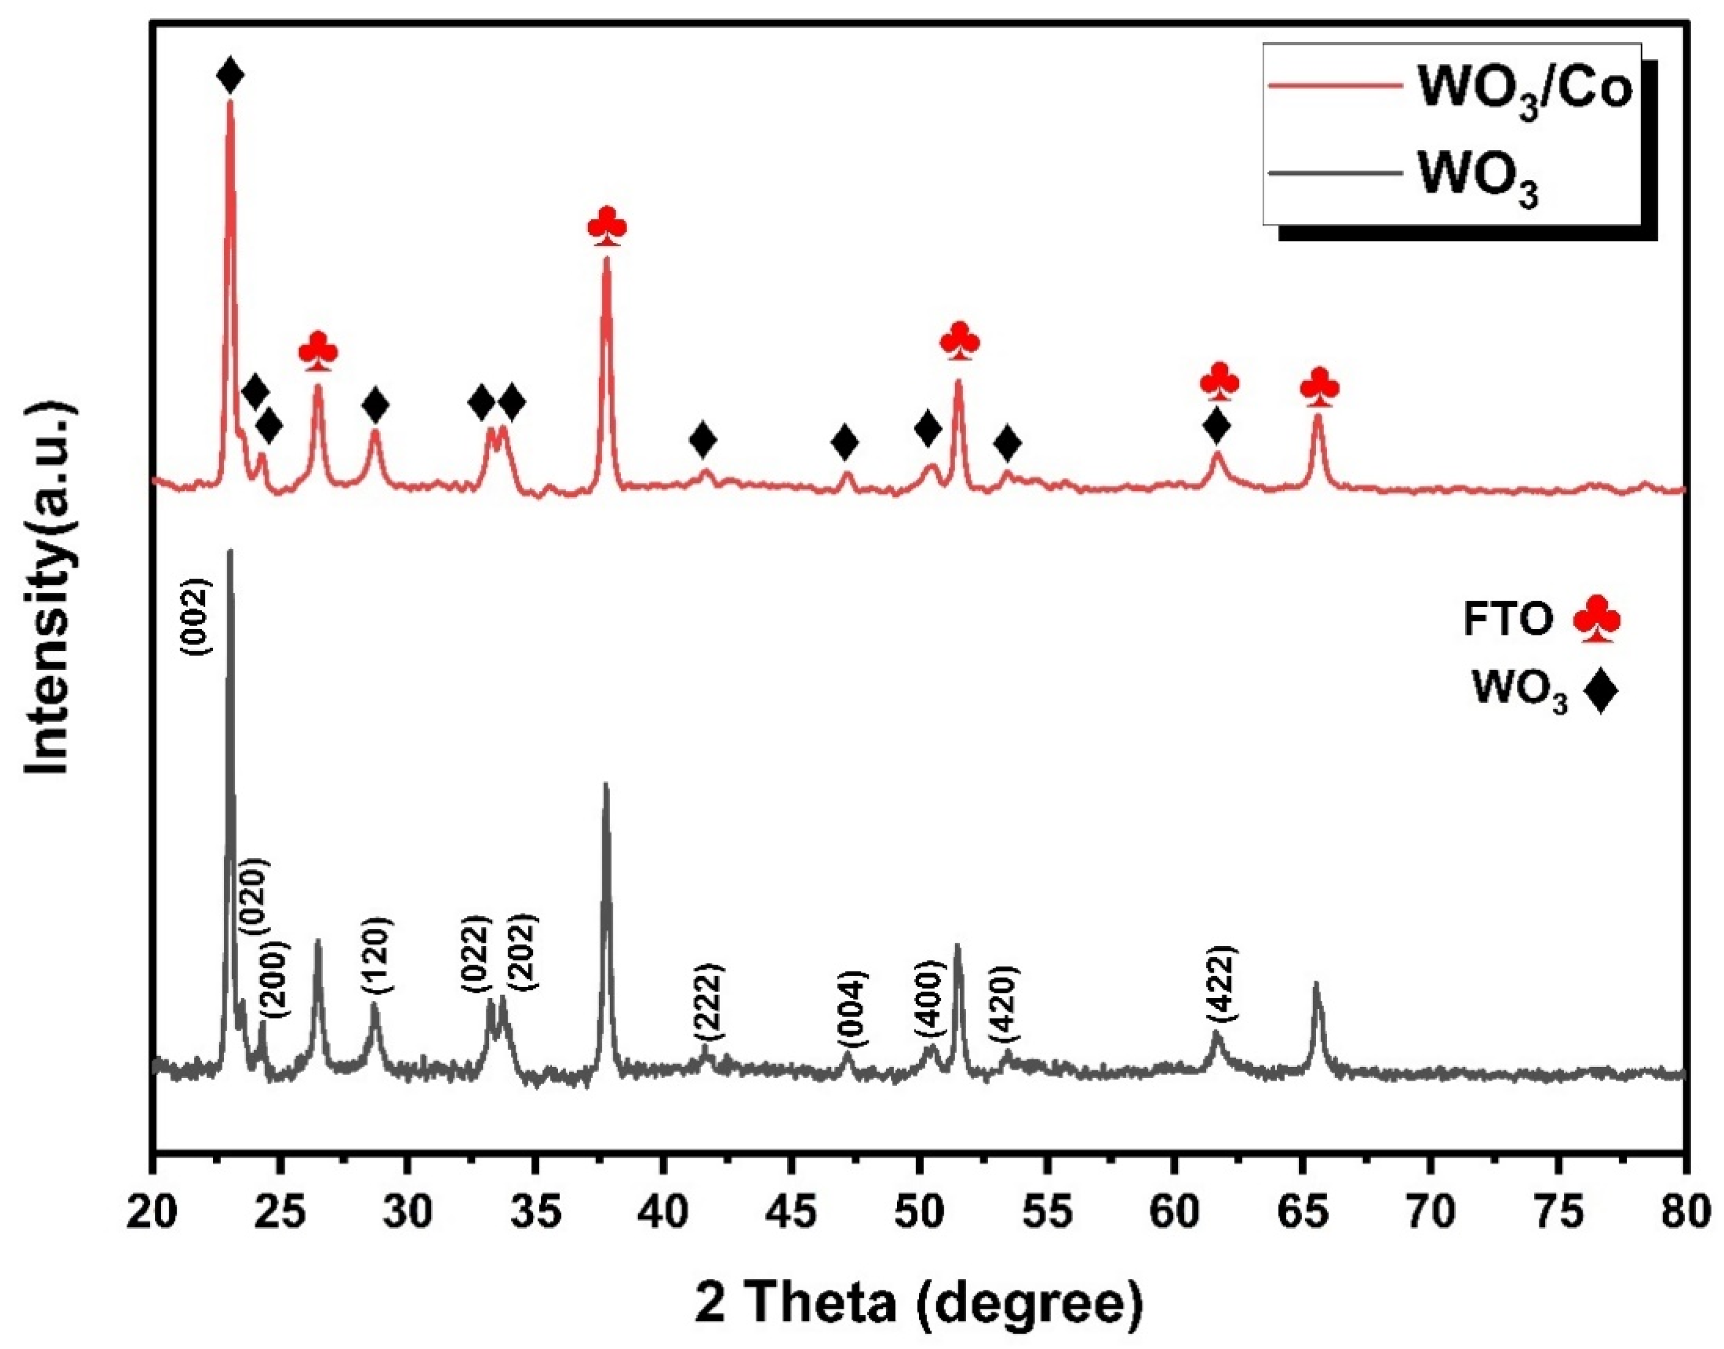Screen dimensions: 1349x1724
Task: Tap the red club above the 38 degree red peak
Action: click(607, 227)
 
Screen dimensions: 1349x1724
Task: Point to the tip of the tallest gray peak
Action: click(230, 551)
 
